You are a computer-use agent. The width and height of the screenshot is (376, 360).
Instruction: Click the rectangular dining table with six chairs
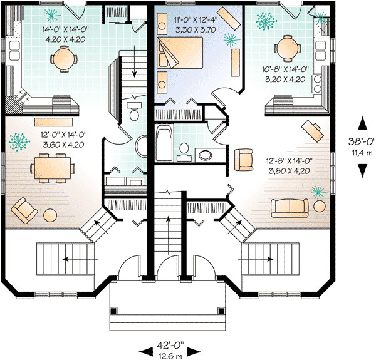click(x=55, y=167)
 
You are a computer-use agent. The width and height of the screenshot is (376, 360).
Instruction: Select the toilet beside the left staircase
click(x=133, y=113)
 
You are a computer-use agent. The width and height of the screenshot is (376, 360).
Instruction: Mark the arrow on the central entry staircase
click(x=169, y=220)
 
